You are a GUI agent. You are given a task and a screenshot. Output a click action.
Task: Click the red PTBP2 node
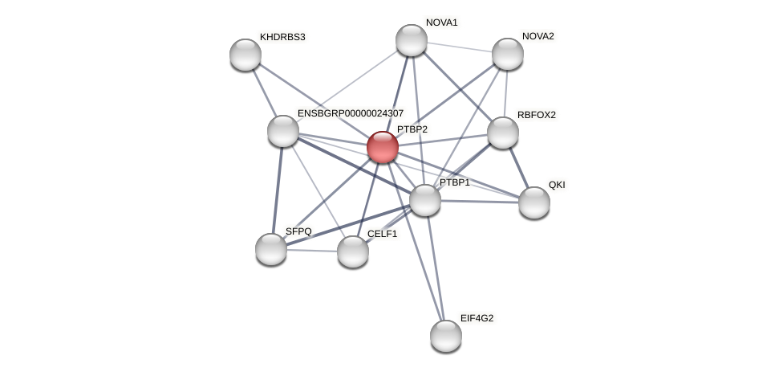click(x=383, y=147)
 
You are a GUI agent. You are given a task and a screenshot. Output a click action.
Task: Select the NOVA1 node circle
click(x=412, y=40)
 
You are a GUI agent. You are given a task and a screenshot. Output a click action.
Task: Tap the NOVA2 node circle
click(x=508, y=54)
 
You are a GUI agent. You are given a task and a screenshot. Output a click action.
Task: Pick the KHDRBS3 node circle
click(x=245, y=55)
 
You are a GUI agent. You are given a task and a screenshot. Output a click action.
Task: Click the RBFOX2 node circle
click(x=503, y=133)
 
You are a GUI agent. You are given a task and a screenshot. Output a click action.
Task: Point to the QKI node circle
click(x=534, y=202)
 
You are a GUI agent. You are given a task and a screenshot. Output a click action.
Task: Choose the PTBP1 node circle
click(x=425, y=200)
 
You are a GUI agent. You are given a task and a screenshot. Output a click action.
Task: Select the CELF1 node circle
click(x=353, y=251)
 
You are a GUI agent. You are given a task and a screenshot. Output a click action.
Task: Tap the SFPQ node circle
click(x=271, y=249)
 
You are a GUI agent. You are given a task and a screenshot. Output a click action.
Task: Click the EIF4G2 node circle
click(x=446, y=336)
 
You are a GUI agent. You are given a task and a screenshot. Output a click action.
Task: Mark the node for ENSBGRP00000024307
click(x=283, y=131)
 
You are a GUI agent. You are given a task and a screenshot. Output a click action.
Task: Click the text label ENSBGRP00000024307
click(x=351, y=113)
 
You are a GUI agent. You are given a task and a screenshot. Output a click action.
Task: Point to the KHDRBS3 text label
click(x=282, y=37)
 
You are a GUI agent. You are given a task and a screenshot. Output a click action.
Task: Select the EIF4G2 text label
click(x=477, y=318)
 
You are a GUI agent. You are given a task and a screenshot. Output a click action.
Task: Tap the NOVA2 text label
click(x=538, y=36)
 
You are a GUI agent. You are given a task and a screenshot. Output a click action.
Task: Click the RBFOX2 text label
click(x=536, y=115)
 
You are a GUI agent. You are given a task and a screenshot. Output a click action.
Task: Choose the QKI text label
click(x=557, y=185)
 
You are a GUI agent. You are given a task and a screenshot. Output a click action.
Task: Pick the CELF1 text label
click(x=382, y=234)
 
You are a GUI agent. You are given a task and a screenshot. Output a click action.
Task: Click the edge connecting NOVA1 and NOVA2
click(x=460, y=47)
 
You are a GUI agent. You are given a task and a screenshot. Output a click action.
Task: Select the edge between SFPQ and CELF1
click(x=312, y=251)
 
